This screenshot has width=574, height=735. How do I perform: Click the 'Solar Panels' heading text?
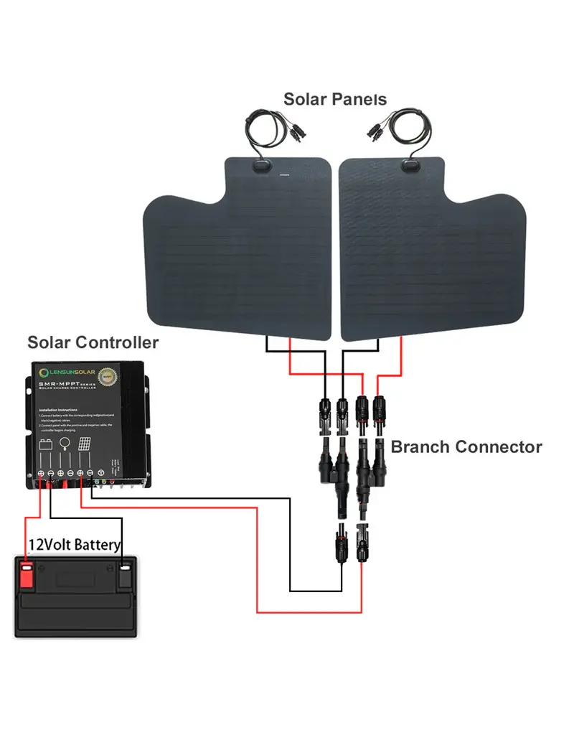click(335, 99)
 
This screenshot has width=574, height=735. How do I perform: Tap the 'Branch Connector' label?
click(466, 447)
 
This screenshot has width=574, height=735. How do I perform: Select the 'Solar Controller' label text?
click(93, 342)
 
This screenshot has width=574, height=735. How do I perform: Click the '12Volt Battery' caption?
click(75, 545)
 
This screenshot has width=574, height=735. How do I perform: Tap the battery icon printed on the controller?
click(45, 444)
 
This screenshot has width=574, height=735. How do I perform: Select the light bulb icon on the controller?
click(65, 443)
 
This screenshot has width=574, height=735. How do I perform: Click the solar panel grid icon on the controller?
click(84, 444)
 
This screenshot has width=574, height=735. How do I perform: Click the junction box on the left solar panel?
click(260, 167)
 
